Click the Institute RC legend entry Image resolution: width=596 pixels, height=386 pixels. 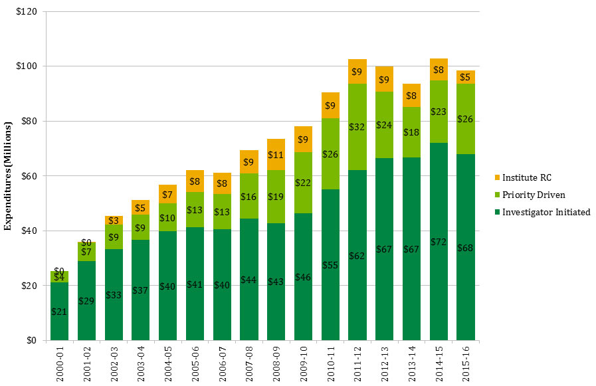(527, 177)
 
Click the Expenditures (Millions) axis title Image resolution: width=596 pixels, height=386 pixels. (9, 176)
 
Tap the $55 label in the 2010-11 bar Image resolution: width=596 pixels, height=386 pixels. (330, 264)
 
